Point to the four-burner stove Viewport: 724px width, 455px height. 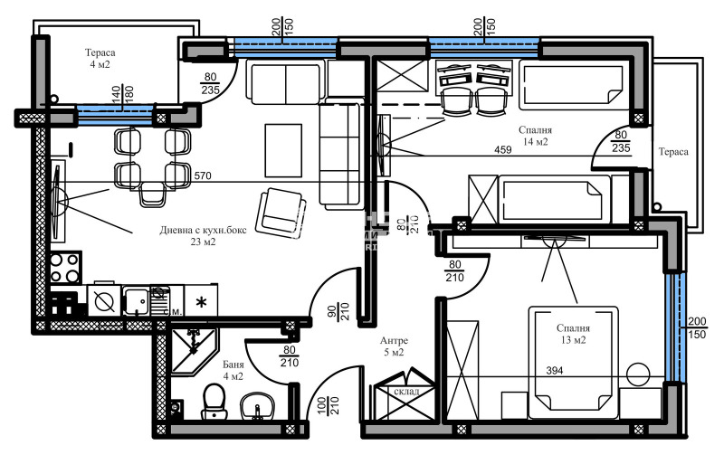click(x=66, y=268)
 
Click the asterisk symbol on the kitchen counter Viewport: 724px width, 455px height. click(x=201, y=300)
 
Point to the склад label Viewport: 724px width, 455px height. click(x=406, y=391)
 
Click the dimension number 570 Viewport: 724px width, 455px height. click(x=204, y=175)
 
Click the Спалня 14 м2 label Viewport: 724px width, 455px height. click(x=535, y=136)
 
